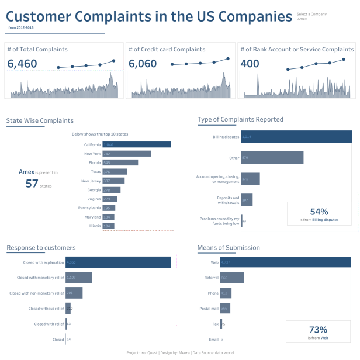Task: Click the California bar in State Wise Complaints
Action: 136,144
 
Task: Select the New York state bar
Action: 126,154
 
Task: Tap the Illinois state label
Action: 94,226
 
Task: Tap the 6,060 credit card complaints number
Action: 143,63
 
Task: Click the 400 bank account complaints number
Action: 250,63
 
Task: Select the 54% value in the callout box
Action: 319,212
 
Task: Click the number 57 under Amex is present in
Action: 33,184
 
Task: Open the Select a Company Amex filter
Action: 311,16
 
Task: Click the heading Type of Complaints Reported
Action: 240,120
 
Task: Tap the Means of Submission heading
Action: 229,248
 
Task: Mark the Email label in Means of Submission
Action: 214,339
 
